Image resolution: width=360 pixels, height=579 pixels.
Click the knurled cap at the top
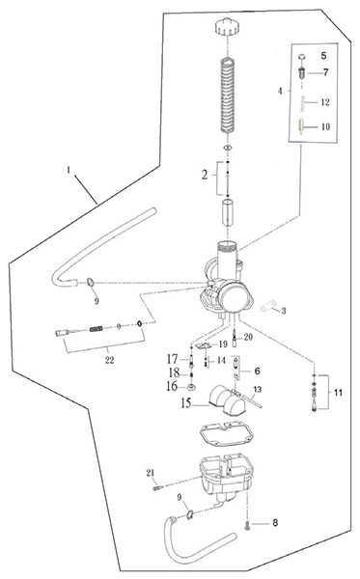pyautogui.click(x=228, y=27)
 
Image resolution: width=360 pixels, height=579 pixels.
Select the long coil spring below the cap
pyautogui.click(x=228, y=95)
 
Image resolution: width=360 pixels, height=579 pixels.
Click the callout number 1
pyautogui.click(x=69, y=170)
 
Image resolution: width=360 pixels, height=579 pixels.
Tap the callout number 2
pyautogui.click(x=205, y=175)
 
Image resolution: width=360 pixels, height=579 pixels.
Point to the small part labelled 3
pyautogui.click(x=268, y=307)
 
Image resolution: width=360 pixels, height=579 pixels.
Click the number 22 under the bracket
pyautogui.click(x=110, y=360)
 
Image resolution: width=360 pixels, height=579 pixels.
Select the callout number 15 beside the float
pyautogui.click(x=187, y=403)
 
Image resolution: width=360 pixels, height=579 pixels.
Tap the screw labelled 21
pyautogui.click(x=157, y=488)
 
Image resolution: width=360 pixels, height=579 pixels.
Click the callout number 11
pyautogui.click(x=338, y=392)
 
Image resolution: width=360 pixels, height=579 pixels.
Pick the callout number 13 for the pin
pyautogui.click(x=258, y=389)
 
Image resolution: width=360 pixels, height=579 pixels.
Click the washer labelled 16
pyautogui.click(x=191, y=387)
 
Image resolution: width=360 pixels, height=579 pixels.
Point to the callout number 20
pyautogui.click(x=248, y=337)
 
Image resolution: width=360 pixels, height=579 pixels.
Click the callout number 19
pyautogui.click(x=223, y=345)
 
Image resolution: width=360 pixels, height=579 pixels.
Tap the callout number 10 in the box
pyautogui.click(x=325, y=126)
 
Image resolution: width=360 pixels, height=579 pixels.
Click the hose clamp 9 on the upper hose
pyautogui.click(x=90, y=283)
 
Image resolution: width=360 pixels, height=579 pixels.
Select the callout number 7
pyautogui.click(x=325, y=72)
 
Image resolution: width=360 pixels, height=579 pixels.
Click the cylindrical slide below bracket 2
pyautogui.click(x=228, y=212)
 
